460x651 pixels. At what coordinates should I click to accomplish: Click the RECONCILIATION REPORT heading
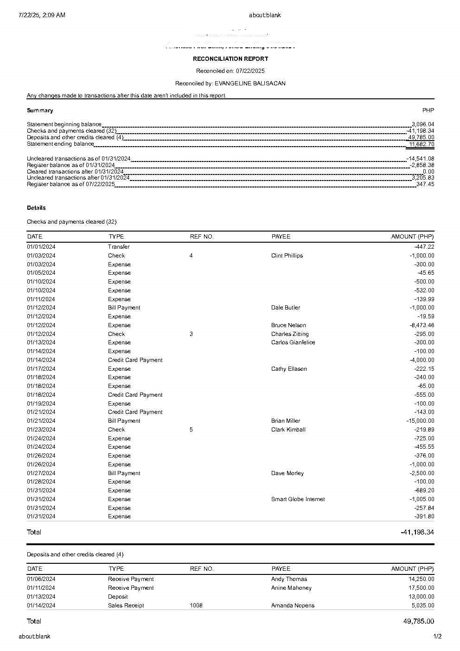[230, 59]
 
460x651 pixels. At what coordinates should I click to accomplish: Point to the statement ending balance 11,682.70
[421, 144]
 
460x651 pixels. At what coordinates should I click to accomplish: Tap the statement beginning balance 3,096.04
[422, 124]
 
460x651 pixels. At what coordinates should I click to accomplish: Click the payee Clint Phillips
[287, 256]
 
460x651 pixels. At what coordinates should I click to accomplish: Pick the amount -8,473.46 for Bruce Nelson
[419, 325]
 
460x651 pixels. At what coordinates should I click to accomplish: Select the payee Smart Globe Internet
[298, 499]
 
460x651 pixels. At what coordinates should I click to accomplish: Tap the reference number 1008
[196, 606]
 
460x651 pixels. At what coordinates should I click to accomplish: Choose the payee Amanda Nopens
[293, 606]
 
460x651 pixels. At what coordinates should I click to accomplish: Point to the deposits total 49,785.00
[418, 621]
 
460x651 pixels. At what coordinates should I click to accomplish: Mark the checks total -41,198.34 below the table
[417, 532]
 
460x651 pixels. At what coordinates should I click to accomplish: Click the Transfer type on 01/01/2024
[119, 247]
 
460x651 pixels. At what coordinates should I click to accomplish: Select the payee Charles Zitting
[290, 334]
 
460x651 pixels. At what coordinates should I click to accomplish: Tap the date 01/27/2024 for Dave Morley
[41, 473]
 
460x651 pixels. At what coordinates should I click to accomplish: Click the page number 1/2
[437, 637]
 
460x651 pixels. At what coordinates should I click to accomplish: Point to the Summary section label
[40, 110]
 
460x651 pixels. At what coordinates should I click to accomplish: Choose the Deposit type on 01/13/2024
[118, 597]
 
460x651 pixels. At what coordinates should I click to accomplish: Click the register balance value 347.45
[425, 184]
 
